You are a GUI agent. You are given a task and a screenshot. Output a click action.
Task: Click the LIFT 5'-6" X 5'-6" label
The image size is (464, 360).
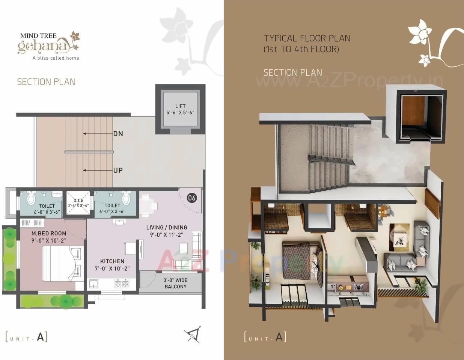180,109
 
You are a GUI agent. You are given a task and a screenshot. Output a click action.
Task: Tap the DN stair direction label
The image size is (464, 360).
118,133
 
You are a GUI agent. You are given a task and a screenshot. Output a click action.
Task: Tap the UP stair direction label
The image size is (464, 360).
118,170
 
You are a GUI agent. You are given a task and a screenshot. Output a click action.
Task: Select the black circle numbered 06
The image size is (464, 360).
191,198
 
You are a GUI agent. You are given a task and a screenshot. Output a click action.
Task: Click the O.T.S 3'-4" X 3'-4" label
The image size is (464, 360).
78,203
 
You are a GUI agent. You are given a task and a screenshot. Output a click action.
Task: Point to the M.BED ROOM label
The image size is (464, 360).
49,233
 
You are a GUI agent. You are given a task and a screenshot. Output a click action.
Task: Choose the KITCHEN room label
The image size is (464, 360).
112,261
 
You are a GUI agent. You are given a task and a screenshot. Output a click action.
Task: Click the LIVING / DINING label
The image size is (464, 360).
167,227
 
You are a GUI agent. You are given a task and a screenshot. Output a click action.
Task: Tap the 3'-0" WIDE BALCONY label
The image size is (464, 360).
175,283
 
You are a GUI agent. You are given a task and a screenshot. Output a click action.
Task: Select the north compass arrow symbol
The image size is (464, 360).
193,334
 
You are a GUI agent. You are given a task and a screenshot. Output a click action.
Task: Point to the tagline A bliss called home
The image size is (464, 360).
56,58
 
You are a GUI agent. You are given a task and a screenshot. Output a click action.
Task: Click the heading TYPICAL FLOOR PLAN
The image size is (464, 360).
307,38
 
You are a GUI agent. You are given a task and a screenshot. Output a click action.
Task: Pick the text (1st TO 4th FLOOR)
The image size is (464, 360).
301,49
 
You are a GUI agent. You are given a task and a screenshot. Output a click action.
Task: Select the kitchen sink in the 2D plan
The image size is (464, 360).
93,283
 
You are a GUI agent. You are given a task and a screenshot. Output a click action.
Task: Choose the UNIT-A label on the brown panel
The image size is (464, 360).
265,337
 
